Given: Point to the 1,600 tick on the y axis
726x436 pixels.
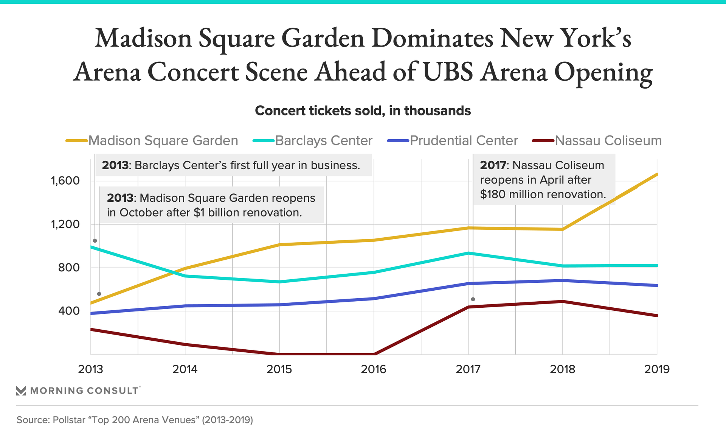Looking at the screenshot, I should pyautogui.click(x=65, y=181).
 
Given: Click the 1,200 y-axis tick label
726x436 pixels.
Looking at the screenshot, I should pyautogui.click(x=65, y=224).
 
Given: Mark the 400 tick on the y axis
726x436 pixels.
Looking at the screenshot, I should pyautogui.click(x=69, y=311).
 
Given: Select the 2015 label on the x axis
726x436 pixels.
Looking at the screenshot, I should pyautogui.click(x=279, y=369).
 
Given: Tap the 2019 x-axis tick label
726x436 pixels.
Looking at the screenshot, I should pyautogui.click(x=657, y=369).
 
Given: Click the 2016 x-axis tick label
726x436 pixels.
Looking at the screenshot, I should pyautogui.click(x=374, y=369).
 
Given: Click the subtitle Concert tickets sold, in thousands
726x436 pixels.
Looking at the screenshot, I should pyautogui.click(x=363, y=111).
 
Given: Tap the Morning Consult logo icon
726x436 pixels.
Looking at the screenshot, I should pyautogui.click(x=21, y=391).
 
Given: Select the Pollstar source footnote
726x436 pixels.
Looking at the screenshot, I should pyautogui.click(x=135, y=420).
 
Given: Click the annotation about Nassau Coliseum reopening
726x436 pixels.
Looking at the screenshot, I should pyautogui.click(x=543, y=180).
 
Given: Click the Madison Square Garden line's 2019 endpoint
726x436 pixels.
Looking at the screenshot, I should pyautogui.click(x=657, y=174).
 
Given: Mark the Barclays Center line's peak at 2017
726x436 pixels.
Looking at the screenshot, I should pyautogui.click(x=468, y=253).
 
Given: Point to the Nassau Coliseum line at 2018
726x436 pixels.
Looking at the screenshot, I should pyautogui.click(x=563, y=301).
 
